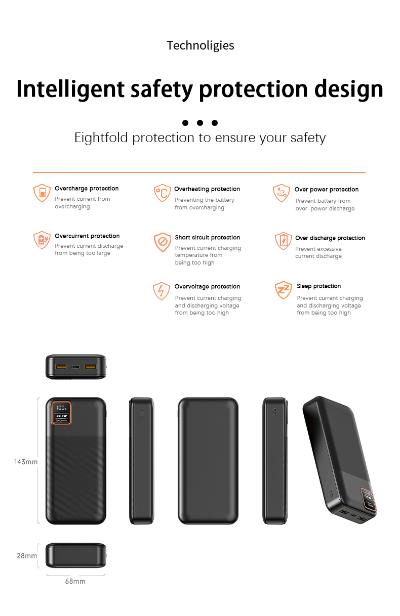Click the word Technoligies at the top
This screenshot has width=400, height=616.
200,46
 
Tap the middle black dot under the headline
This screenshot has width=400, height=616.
200,123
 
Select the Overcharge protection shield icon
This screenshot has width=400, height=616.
42,193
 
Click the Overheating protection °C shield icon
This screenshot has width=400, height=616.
162,193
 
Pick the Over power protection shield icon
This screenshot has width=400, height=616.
282,193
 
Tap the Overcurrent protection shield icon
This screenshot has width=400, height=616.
42,240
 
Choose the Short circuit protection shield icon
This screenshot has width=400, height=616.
163,242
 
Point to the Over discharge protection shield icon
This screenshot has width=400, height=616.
283,241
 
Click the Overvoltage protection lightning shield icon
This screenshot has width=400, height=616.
162,291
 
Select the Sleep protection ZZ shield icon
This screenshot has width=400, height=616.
283,290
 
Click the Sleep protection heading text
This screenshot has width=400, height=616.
318,286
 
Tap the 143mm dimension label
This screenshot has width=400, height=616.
26,462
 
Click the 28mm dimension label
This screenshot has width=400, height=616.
27,556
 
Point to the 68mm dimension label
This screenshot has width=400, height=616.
75,581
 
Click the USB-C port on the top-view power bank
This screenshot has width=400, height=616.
76,367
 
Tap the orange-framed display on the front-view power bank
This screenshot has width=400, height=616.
62,413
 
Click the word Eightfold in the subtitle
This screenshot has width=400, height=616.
101,138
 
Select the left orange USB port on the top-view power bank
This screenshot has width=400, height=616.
61,367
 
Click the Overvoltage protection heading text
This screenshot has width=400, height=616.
207,287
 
